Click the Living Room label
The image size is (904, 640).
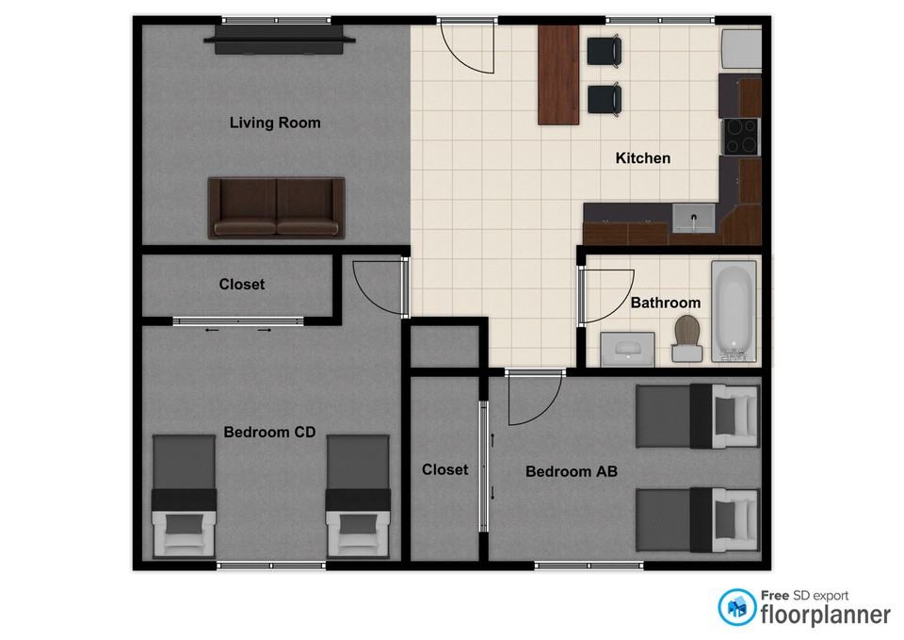(275, 123)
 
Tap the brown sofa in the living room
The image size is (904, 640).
(277, 207)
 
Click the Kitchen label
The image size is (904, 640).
(643, 158)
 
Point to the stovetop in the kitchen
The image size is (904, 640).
(741, 136)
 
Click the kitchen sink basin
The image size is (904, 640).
(694, 219)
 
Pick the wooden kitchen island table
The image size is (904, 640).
(558, 74)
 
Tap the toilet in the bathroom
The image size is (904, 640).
(686, 339)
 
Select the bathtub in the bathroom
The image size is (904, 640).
(734, 312)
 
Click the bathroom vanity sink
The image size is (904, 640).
(628, 349)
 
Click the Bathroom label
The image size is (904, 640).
(666, 303)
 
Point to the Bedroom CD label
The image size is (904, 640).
(269, 433)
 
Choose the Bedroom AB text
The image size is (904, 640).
(572, 471)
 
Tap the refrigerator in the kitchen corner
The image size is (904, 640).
(741, 49)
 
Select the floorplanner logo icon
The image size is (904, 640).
(736, 607)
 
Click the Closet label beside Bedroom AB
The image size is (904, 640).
(444, 469)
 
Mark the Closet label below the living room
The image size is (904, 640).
(242, 285)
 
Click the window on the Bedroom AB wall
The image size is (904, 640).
(589, 566)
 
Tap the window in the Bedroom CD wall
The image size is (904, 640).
(271, 566)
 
